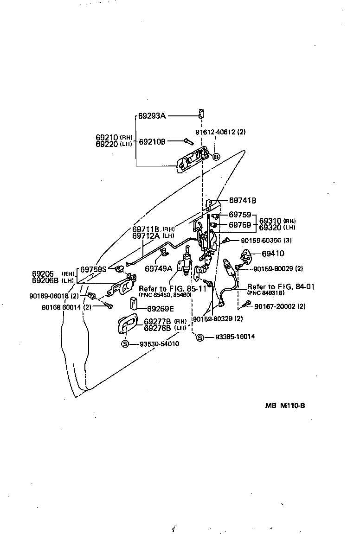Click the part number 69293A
coord(152,116)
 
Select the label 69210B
coord(152,141)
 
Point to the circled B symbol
coord(216,157)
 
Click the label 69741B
coord(243,201)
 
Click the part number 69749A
coord(158,268)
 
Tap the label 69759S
coord(94,269)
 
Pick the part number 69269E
coord(161,308)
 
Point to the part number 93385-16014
coord(235,337)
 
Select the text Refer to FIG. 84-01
coord(281,287)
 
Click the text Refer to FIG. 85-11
coord(173,288)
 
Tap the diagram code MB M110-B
coord(285,405)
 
